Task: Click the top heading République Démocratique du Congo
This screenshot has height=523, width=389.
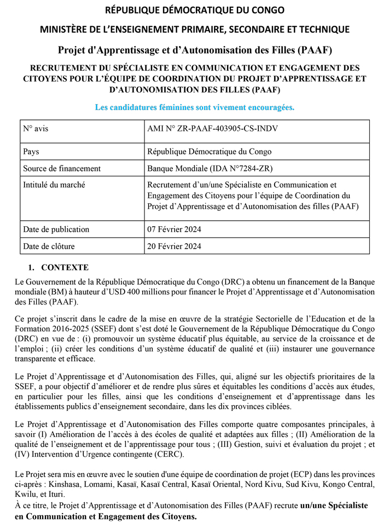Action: click(194, 10)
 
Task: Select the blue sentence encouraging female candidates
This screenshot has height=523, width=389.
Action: click(194, 107)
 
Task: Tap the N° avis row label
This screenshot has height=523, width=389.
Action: click(36, 129)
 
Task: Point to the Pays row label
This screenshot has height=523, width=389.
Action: click(31, 151)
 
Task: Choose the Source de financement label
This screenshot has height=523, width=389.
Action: click(62, 168)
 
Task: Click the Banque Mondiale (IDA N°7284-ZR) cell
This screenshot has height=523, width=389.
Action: click(203, 168)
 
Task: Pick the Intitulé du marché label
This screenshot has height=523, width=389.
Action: click(54, 185)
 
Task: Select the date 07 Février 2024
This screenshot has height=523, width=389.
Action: click(174, 229)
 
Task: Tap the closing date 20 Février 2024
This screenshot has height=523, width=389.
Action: click(174, 246)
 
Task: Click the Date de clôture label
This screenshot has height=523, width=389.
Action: click(49, 246)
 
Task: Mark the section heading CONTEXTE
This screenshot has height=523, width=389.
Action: click(65, 268)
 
